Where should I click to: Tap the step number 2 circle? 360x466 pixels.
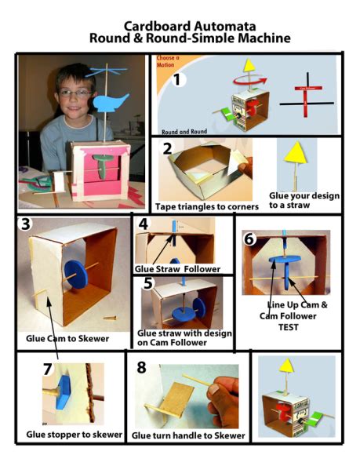pos(166,149)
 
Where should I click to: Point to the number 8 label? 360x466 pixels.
pos(142,366)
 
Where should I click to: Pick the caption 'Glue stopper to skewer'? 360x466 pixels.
pos(74,434)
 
